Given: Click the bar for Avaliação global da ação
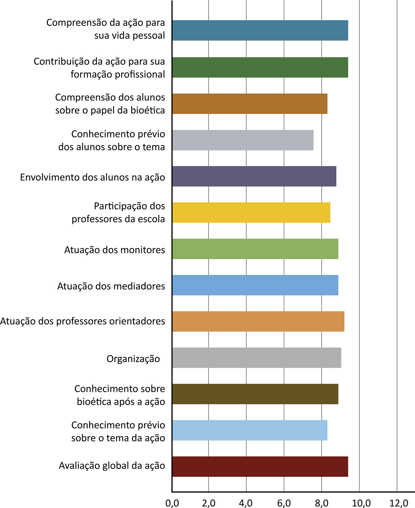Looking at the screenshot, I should pos(260,467).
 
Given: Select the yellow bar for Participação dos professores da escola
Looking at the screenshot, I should pos(251,212).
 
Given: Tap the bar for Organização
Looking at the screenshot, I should pos(257,358).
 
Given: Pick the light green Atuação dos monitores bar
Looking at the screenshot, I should pos(255,249).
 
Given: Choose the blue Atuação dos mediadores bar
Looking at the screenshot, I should pos(255,285).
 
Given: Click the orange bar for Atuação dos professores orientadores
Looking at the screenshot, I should pos(258,321).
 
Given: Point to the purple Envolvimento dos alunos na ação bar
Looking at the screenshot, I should pos(254,176).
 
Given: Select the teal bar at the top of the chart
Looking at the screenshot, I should pos(260,30).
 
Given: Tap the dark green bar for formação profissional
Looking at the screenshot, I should pos(260,67).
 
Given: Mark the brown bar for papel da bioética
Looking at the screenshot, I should pos(250,104).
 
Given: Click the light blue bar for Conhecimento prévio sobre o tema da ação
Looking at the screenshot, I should pos(250,430).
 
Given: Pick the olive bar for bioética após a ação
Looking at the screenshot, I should pos(255,394).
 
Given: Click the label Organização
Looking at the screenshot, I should pos(133,359).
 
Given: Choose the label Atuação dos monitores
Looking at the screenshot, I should pos(115,250).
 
